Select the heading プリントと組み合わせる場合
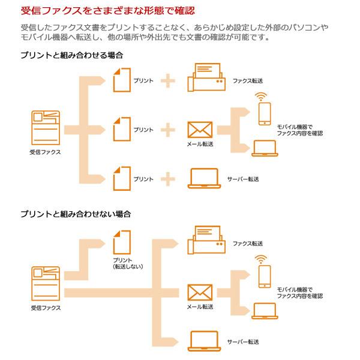71,55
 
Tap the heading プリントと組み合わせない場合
75,214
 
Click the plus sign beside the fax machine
169,80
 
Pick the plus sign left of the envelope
169,129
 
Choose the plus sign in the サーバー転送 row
169,179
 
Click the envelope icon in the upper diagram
200,130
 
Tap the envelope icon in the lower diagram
200,292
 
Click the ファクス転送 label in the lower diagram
248,244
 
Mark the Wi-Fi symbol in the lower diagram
260,260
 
